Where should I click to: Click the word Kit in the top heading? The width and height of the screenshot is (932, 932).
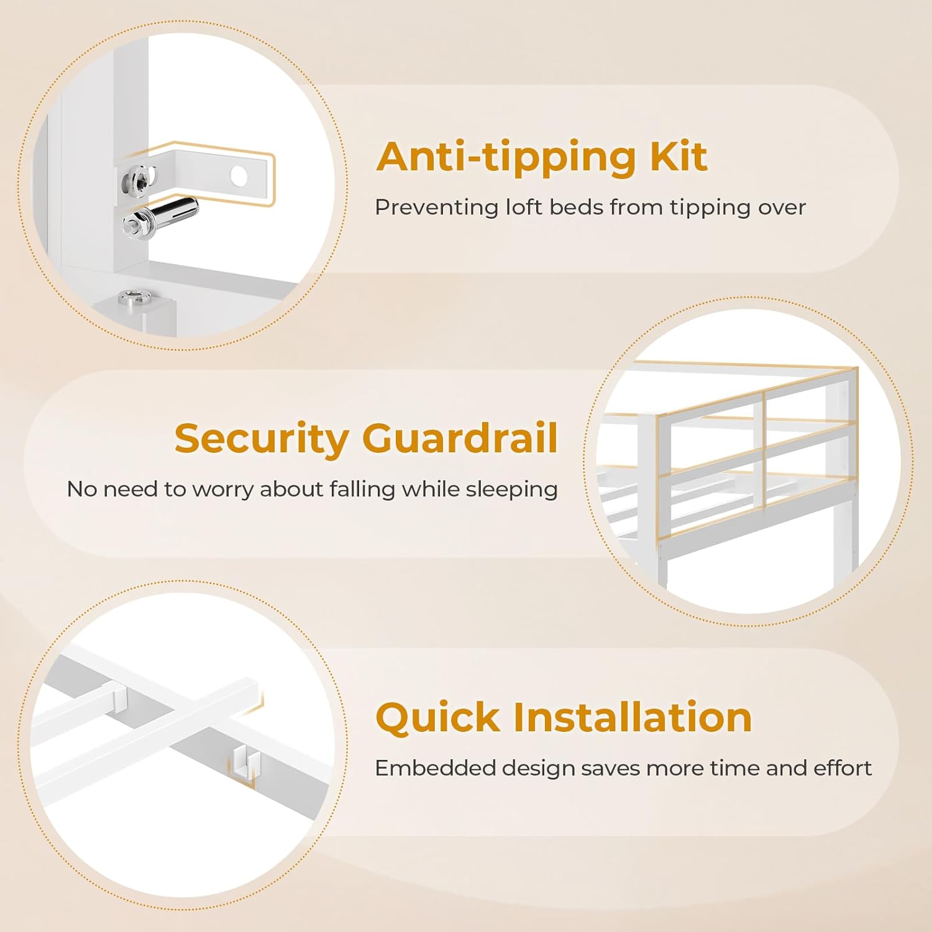[678, 156]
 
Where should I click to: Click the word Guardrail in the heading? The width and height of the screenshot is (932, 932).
[460, 438]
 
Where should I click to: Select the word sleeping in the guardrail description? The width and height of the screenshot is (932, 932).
[511, 490]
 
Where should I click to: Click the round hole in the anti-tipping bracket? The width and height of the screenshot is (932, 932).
[239, 175]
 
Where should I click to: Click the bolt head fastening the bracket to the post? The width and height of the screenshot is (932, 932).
[139, 178]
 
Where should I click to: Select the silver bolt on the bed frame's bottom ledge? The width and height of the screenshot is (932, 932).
[135, 297]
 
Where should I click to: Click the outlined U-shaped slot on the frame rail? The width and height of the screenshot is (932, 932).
[244, 763]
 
